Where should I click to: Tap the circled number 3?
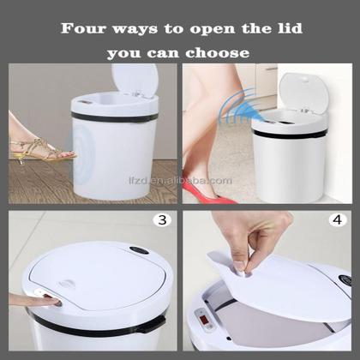coord(161,219)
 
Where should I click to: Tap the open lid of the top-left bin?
coord(135,80)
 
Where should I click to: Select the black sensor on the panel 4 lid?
coord(345,279)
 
